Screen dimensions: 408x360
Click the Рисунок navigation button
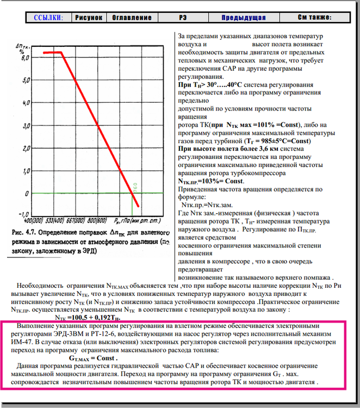pos(88,18)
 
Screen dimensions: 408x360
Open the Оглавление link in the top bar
pos(132,18)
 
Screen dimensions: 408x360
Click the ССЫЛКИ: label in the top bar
pos(48,18)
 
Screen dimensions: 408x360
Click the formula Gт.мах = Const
pos(94,358)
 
